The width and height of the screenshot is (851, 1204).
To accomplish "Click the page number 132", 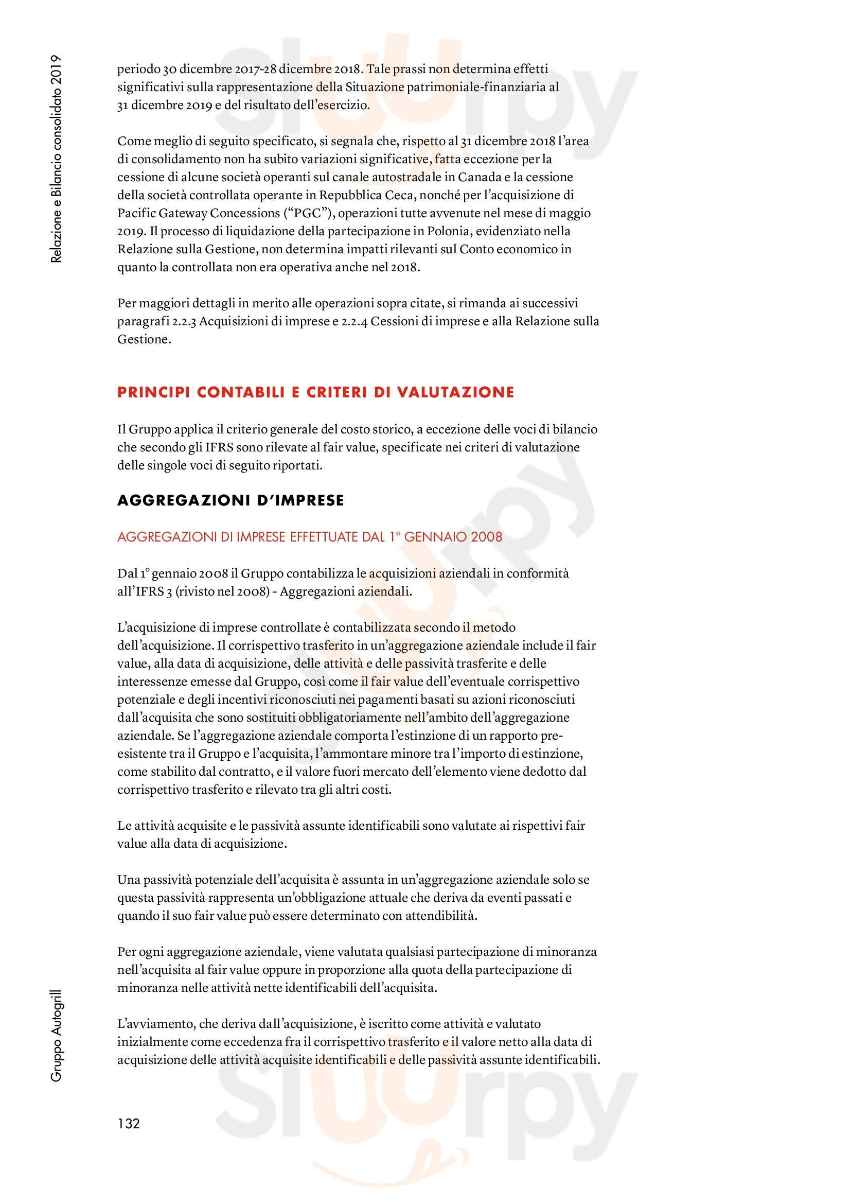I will click(x=129, y=1123).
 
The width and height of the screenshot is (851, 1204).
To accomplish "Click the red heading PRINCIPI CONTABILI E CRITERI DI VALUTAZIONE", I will click(x=315, y=392).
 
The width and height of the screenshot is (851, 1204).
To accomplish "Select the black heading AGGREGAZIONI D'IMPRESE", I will click(x=231, y=500).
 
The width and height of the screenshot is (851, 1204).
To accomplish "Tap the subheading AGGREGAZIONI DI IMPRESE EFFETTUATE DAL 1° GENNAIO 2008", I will click(x=310, y=537).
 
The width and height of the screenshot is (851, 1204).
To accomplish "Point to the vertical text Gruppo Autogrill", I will click(x=56, y=1035).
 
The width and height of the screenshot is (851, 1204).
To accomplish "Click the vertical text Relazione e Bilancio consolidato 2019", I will click(x=56, y=159).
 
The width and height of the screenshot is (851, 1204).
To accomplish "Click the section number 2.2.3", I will click(x=184, y=321).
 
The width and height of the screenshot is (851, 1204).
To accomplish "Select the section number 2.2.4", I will click(x=354, y=321).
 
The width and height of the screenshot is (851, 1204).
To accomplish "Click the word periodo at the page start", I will click(x=138, y=69).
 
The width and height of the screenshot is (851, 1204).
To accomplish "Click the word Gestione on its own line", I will click(x=144, y=339).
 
